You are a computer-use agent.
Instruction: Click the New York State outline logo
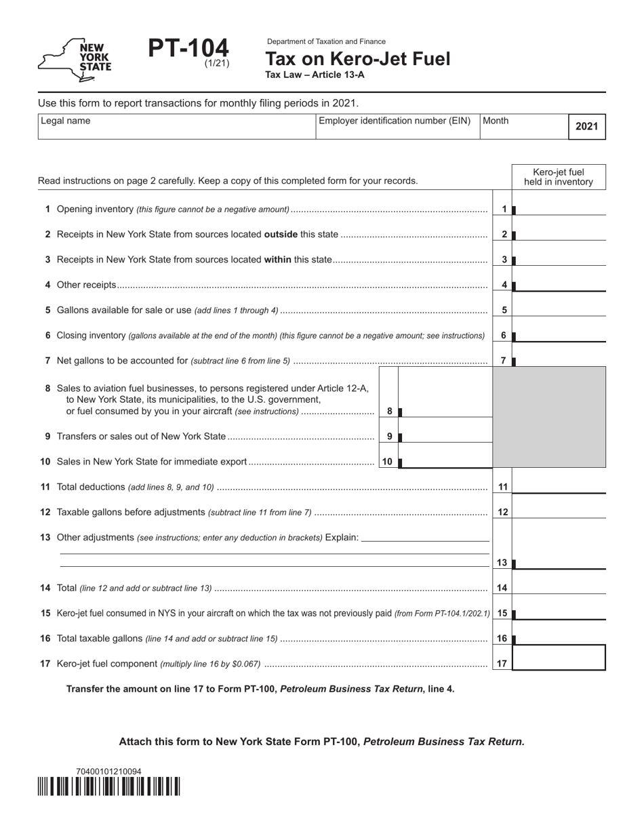click(x=75, y=60)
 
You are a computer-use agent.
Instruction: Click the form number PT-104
click(x=188, y=49)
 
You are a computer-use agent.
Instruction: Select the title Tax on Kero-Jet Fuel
click(x=357, y=59)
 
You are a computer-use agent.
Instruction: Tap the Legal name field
click(x=176, y=127)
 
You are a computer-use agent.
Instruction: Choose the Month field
click(x=523, y=127)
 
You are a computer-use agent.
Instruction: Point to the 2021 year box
click(x=586, y=127)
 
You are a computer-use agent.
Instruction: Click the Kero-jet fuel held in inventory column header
click(x=558, y=176)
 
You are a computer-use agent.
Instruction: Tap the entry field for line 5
click(x=560, y=309)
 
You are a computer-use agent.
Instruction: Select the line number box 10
click(x=387, y=462)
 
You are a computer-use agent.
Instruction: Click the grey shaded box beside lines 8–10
click(x=548, y=416)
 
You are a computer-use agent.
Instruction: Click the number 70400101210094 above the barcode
click(x=109, y=771)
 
